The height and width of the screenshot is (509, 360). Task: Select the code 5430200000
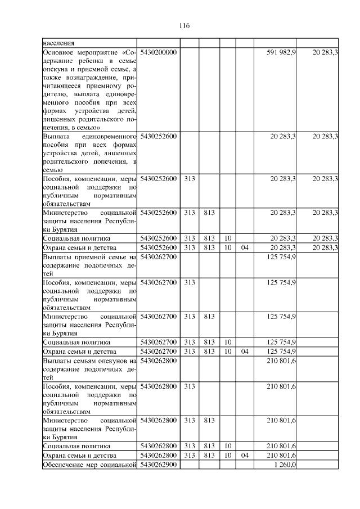pos(159,52)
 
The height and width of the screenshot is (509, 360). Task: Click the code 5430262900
pos(159,465)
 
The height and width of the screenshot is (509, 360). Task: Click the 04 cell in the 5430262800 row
pos(244,455)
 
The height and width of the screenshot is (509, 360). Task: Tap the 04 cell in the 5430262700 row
pos(244,351)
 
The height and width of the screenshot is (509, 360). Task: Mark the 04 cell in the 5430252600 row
pos(244,247)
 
